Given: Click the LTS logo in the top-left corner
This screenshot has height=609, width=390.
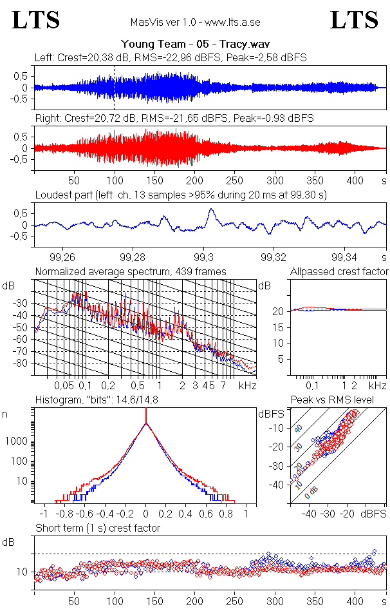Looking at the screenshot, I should click(36, 21).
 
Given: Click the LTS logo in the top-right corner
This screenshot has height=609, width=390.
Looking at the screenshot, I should click(354, 21).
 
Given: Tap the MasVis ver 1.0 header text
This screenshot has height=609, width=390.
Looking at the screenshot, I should click(195, 22).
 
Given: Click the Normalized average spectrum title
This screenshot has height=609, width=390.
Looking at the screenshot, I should click(131, 271).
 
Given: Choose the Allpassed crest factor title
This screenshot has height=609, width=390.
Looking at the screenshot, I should click(339, 271).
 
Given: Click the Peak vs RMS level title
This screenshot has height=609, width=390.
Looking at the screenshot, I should click(332, 400).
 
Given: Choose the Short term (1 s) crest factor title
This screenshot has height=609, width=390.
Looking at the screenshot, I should click(98, 528).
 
